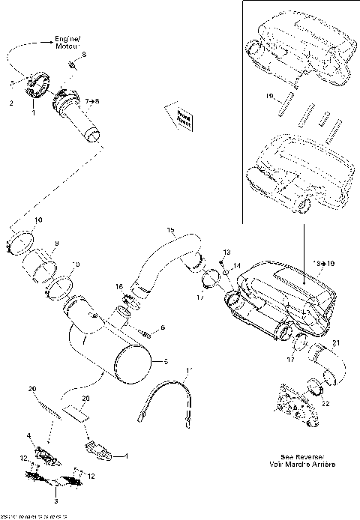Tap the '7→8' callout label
click(93, 100)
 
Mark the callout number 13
click(227, 253)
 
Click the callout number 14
click(237, 266)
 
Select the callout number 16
click(118, 286)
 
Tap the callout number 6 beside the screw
click(162, 328)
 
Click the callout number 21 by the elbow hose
click(336, 343)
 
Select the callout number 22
click(325, 403)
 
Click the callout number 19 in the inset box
click(268, 97)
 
